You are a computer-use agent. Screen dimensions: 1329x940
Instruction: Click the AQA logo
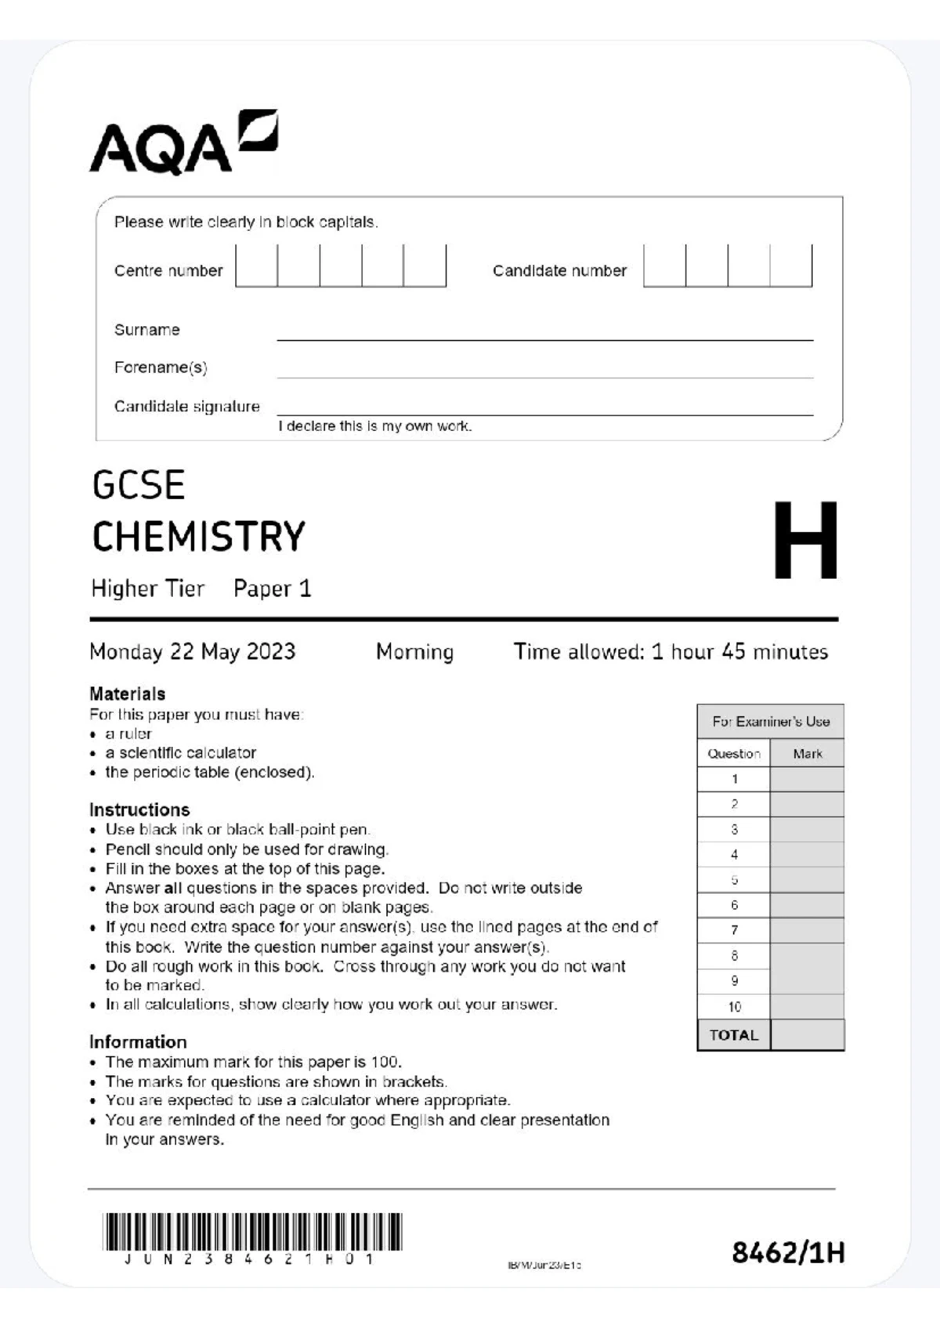point(184,143)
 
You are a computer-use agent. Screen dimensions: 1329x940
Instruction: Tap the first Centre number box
point(257,266)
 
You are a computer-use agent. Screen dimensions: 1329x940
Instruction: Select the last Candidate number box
point(791,266)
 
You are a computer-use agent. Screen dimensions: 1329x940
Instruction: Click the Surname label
point(147,330)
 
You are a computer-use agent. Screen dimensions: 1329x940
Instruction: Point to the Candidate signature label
point(186,407)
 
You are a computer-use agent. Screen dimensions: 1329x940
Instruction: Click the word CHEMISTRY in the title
point(199,538)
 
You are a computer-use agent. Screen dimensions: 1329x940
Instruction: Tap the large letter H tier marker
point(805,541)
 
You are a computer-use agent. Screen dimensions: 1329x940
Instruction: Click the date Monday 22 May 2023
point(193,652)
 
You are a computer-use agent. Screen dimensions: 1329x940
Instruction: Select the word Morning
point(414,652)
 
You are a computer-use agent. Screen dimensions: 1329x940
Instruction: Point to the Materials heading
point(128,693)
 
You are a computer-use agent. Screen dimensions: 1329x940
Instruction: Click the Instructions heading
point(139,809)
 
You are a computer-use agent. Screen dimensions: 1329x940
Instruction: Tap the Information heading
point(138,1042)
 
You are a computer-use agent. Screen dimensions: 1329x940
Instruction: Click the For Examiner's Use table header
point(771,722)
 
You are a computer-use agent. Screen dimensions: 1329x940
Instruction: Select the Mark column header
point(807,754)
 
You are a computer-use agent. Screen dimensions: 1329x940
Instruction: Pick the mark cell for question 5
point(807,880)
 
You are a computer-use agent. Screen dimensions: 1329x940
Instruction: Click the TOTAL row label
point(734,1035)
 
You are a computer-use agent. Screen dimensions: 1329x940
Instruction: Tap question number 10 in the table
point(734,1007)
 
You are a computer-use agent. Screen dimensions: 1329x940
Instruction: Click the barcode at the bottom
point(251,1233)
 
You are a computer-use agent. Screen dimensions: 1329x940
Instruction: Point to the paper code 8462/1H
point(788,1253)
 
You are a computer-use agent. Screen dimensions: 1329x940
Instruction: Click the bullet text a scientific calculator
point(181,753)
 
